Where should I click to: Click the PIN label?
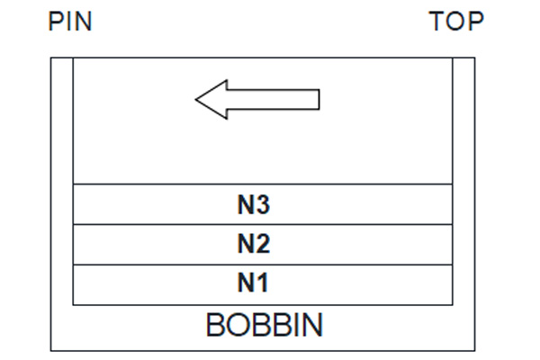pyautogui.click(x=70, y=22)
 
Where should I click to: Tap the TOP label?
pyautogui.click(x=456, y=22)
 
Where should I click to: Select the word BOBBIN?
pyautogui.click(x=264, y=325)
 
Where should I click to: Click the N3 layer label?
pyautogui.click(x=254, y=204)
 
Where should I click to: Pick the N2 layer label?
pyautogui.click(x=254, y=244)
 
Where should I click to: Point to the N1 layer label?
pyautogui.click(x=253, y=283)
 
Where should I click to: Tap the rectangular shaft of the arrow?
pyautogui.click(x=274, y=100)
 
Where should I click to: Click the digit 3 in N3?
pyautogui.click(x=263, y=204)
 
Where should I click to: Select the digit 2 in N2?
pyautogui.click(x=263, y=244)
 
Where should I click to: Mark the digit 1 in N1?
pyautogui.click(x=263, y=283)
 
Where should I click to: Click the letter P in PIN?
pyautogui.click(x=56, y=22)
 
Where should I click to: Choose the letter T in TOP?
pyautogui.click(x=436, y=22)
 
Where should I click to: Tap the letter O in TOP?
pyautogui.click(x=456, y=22)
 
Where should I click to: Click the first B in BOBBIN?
pyautogui.click(x=215, y=325)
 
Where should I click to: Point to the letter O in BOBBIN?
pyautogui.click(x=237, y=325)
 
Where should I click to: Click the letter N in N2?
pyautogui.click(x=246, y=244)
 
